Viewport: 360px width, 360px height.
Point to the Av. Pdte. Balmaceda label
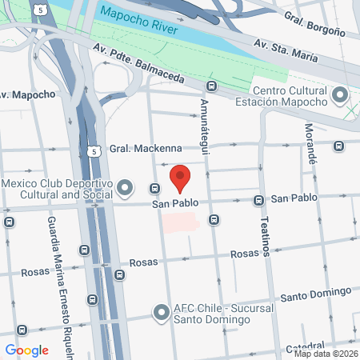pyautogui.click(x=141, y=68)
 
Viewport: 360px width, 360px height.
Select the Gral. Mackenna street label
pyautogui.click(x=146, y=149)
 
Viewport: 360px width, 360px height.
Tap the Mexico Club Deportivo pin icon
pyautogui.click(x=125, y=189)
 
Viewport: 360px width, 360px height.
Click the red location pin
pyautogui.click(x=181, y=178)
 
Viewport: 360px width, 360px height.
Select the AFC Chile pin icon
pyautogui.click(x=161, y=313)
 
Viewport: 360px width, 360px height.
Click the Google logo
pyautogui.click(x=26, y=350)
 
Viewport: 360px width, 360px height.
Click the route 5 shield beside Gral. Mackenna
pyautogui.click(x=94, y=150)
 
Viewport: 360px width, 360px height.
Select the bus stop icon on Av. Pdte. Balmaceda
pyautogui.click(x=211, y=86)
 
